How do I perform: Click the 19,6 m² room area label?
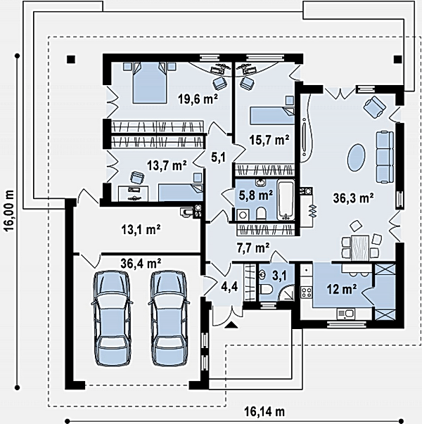(x=198, y=99)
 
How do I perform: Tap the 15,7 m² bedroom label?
(x=269, y=140)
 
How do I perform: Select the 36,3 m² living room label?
(x=353, y=198)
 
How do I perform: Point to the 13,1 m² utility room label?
(x=141, y=229)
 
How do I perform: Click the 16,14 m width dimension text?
(x=264, y=412)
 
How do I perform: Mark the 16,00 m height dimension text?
(x=9, y=211)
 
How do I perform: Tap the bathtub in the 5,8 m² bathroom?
(x=286, y=200)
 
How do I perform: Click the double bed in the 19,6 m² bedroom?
(x=150, y=82)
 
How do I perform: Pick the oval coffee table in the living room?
(x=356, y=157)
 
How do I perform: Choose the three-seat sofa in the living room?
(x=385, y=157)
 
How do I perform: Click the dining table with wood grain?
(x=360, y=248)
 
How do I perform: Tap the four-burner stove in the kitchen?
(x=307, y=293)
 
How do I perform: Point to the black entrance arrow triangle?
(x=231, y=325)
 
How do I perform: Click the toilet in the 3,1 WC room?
(x=266, y=290)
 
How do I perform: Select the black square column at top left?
(x=71, y=59)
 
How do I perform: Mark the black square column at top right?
(x=397, y=59)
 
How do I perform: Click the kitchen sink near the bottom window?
(x=346, y=314)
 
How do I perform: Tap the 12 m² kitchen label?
(x=342, y=289)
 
